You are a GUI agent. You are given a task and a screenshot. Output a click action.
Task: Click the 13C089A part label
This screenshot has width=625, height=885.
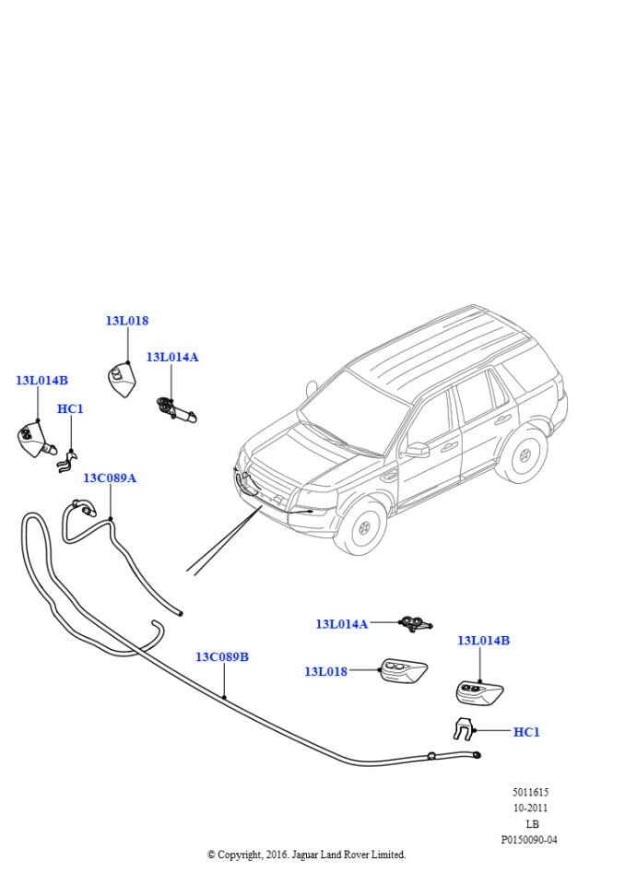pos(110,478)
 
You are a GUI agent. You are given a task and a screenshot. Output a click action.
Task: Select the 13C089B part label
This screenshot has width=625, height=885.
pos(221,657)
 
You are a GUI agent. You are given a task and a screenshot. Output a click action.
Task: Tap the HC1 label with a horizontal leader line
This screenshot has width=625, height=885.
pos(525,732)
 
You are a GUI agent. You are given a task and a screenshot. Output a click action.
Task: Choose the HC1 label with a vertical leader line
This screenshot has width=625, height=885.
pos(70,408)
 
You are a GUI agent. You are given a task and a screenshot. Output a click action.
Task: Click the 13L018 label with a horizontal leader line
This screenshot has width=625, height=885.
pos(325,672)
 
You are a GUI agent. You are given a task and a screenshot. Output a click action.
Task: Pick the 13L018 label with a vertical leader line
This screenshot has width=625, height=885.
pos(126,321)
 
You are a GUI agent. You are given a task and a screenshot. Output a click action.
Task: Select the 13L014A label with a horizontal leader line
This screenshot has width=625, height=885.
pos(341,624)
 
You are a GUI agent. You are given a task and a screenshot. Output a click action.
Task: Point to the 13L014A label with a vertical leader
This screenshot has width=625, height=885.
pos(171,357)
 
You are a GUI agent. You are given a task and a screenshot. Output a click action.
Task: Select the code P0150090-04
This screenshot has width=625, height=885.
pos(529,840)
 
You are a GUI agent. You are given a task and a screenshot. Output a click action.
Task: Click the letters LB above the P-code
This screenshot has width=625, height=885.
pos(531,823)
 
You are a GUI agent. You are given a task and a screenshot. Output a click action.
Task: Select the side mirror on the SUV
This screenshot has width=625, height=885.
pos(417,450)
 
